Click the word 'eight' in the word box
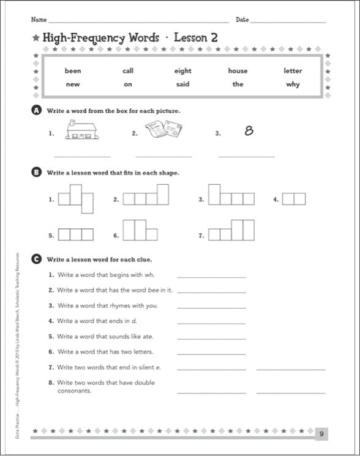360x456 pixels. point(182,71)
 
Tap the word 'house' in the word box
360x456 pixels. point(238,71)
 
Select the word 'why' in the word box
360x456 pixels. point(293,84)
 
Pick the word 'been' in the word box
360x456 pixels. point(73,71)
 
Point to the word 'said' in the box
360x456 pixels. point(182,84)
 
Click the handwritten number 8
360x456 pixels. point(249,130)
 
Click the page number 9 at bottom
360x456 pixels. point(321,435)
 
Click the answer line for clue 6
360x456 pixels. point(211,353)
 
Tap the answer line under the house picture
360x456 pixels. point(83,157)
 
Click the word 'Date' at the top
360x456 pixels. point(242,20)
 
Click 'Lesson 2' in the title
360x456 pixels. point(196,38)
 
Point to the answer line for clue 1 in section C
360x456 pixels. point(211,277)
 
